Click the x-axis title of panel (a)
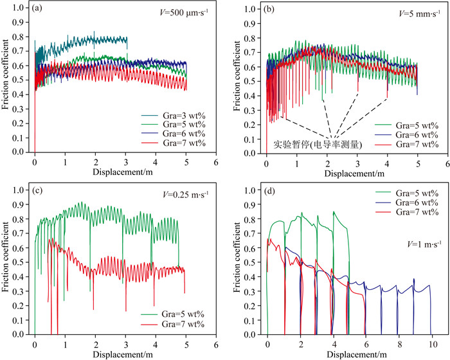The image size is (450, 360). click(x=124, y=172)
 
